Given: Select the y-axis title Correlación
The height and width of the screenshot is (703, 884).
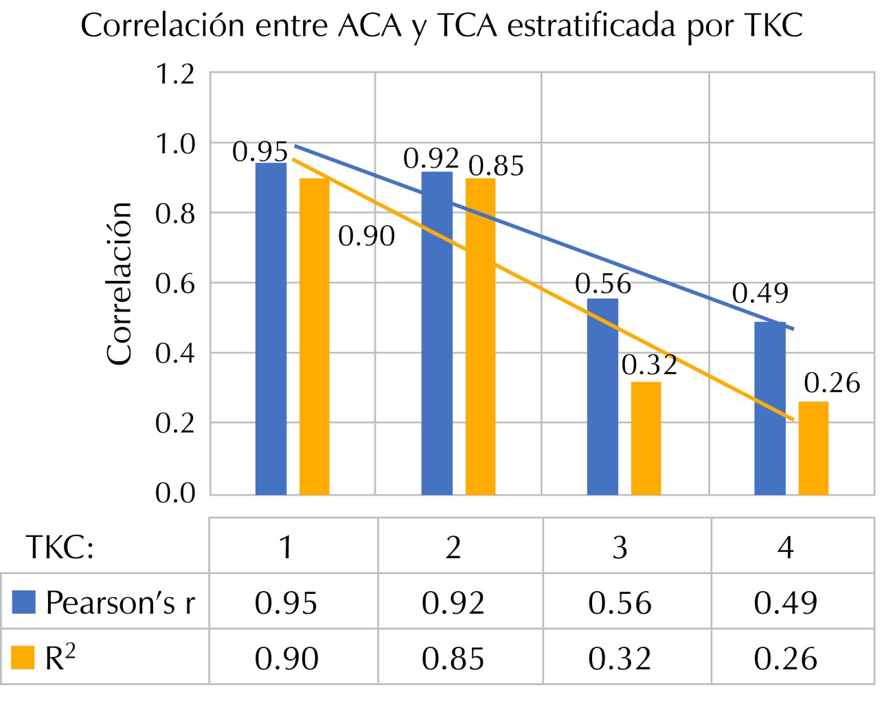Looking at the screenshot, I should [x=119, y=283].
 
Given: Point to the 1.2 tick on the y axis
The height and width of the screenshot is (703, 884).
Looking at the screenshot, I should [x=175, y=74].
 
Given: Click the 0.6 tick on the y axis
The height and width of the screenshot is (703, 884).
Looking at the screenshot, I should [x=175, y=284].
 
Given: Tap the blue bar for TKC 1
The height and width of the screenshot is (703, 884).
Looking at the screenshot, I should [x=271, y=330].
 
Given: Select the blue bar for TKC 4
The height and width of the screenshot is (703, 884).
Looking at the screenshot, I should [x=769, y=408].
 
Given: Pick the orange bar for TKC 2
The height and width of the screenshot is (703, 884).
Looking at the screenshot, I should [x=480, y=336].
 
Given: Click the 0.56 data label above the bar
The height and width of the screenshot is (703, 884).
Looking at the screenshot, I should [x=602, y=284].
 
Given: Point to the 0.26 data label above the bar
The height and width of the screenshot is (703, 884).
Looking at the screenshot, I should [x=832, y=383].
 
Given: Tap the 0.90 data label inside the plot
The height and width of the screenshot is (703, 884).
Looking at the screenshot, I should [x=367, y=236].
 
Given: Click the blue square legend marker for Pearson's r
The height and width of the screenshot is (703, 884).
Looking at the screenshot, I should [x=24, y=602].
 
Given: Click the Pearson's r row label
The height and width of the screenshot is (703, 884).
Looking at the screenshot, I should [x=120, y=603].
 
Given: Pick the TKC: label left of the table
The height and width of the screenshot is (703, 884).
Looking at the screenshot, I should [x=60, y=547].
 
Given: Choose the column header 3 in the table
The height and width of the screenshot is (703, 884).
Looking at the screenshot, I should [x=620, y=547].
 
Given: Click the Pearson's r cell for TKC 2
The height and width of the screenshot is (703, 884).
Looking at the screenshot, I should [x=453, y=603].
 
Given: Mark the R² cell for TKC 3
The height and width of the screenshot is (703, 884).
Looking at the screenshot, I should [x=620, y=659].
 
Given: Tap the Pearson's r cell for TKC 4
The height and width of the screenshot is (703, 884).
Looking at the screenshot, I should [x=785, y=603].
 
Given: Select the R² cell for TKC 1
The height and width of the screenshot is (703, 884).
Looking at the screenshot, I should [x=286, y=659].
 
